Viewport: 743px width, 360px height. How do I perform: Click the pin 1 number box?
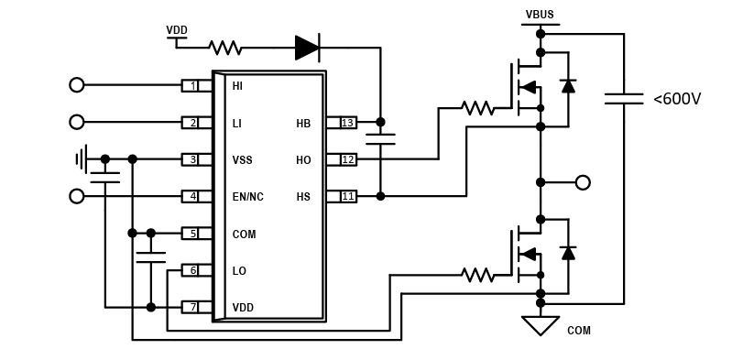click(190, 85)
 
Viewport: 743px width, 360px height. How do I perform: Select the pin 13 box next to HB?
click(347, 122)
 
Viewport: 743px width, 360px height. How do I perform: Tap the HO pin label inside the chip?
click(303, 160)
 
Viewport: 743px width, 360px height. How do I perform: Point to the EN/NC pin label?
click(247, 197)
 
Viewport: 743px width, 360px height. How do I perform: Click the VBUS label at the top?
click(540, 15)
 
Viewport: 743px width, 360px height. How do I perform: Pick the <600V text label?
click(676, 99)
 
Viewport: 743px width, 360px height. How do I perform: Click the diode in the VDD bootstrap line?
click(307, 48)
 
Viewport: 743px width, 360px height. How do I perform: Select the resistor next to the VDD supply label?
click(224, 48)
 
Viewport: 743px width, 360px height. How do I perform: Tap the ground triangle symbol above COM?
click(540, 324)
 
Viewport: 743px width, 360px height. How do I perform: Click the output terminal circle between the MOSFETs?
click(583, 182)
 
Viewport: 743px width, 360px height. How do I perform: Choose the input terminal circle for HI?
click(77, 85)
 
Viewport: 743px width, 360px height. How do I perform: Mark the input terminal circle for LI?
click(77, 122)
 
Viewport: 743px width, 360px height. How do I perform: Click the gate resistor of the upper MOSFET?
click(477, 107)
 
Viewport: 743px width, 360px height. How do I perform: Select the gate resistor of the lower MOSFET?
click(477, 274)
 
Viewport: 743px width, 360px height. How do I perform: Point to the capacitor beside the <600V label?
click(624, 97)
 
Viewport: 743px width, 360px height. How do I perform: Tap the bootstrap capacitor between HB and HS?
click(380, 139)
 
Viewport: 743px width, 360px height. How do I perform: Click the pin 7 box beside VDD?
click(190, 307)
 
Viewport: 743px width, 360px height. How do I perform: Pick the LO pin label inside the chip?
click(239, 271)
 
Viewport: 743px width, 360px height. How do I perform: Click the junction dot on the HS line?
click(380, 195)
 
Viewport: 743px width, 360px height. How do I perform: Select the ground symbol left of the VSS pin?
click(82, 158)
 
